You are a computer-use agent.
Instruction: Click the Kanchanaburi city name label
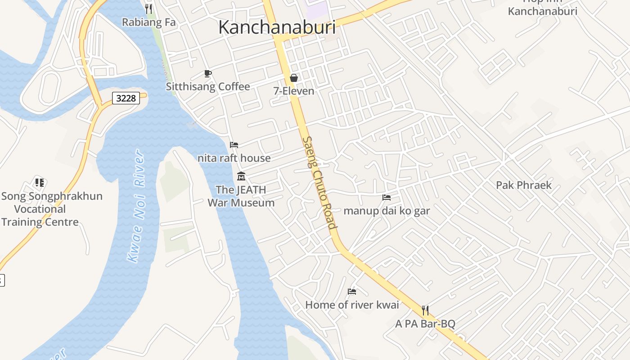pyautogui.click(x=277, y=27)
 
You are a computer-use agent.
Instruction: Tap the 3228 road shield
pyautogui.click(x=126, y=98)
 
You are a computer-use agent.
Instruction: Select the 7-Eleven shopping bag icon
pyautogui.click(x=294, y=78)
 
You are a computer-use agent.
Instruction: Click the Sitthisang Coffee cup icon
pyautogui.click(x=207, y=73)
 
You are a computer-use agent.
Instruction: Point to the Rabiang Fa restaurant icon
pyautogui.click(x=149, y=9)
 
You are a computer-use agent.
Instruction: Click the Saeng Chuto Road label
pyautogui.click(x=319, y=183)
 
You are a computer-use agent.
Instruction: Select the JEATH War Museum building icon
pyautogui.click(x=241, y=176)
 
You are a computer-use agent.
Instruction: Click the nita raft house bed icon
pyautogui.click(x=234, y=144)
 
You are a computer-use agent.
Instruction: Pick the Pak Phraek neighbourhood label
pyautogui.click(x=523, y=185)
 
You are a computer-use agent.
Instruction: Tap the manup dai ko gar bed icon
pyautogui.click(x=386, y=197)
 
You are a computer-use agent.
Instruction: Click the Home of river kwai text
pyautogui.click(x=352, y=305)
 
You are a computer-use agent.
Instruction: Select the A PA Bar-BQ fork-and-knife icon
pyautogui.click(x=425, y=310)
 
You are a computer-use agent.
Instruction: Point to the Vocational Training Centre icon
pyautogui.click(x=40, y=183)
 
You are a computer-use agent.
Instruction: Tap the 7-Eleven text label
pyautogui.click(x=294, y=91)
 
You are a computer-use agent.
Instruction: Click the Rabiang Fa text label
pyautogui.click(x=148, y=22)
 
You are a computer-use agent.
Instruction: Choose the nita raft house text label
pyautogui.click(x=234, y=158)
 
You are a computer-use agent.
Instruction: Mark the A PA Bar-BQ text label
pyautogui.click(x=425, y=324)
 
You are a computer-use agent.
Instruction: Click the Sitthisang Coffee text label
pyautogui.click(x=208, y=86)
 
